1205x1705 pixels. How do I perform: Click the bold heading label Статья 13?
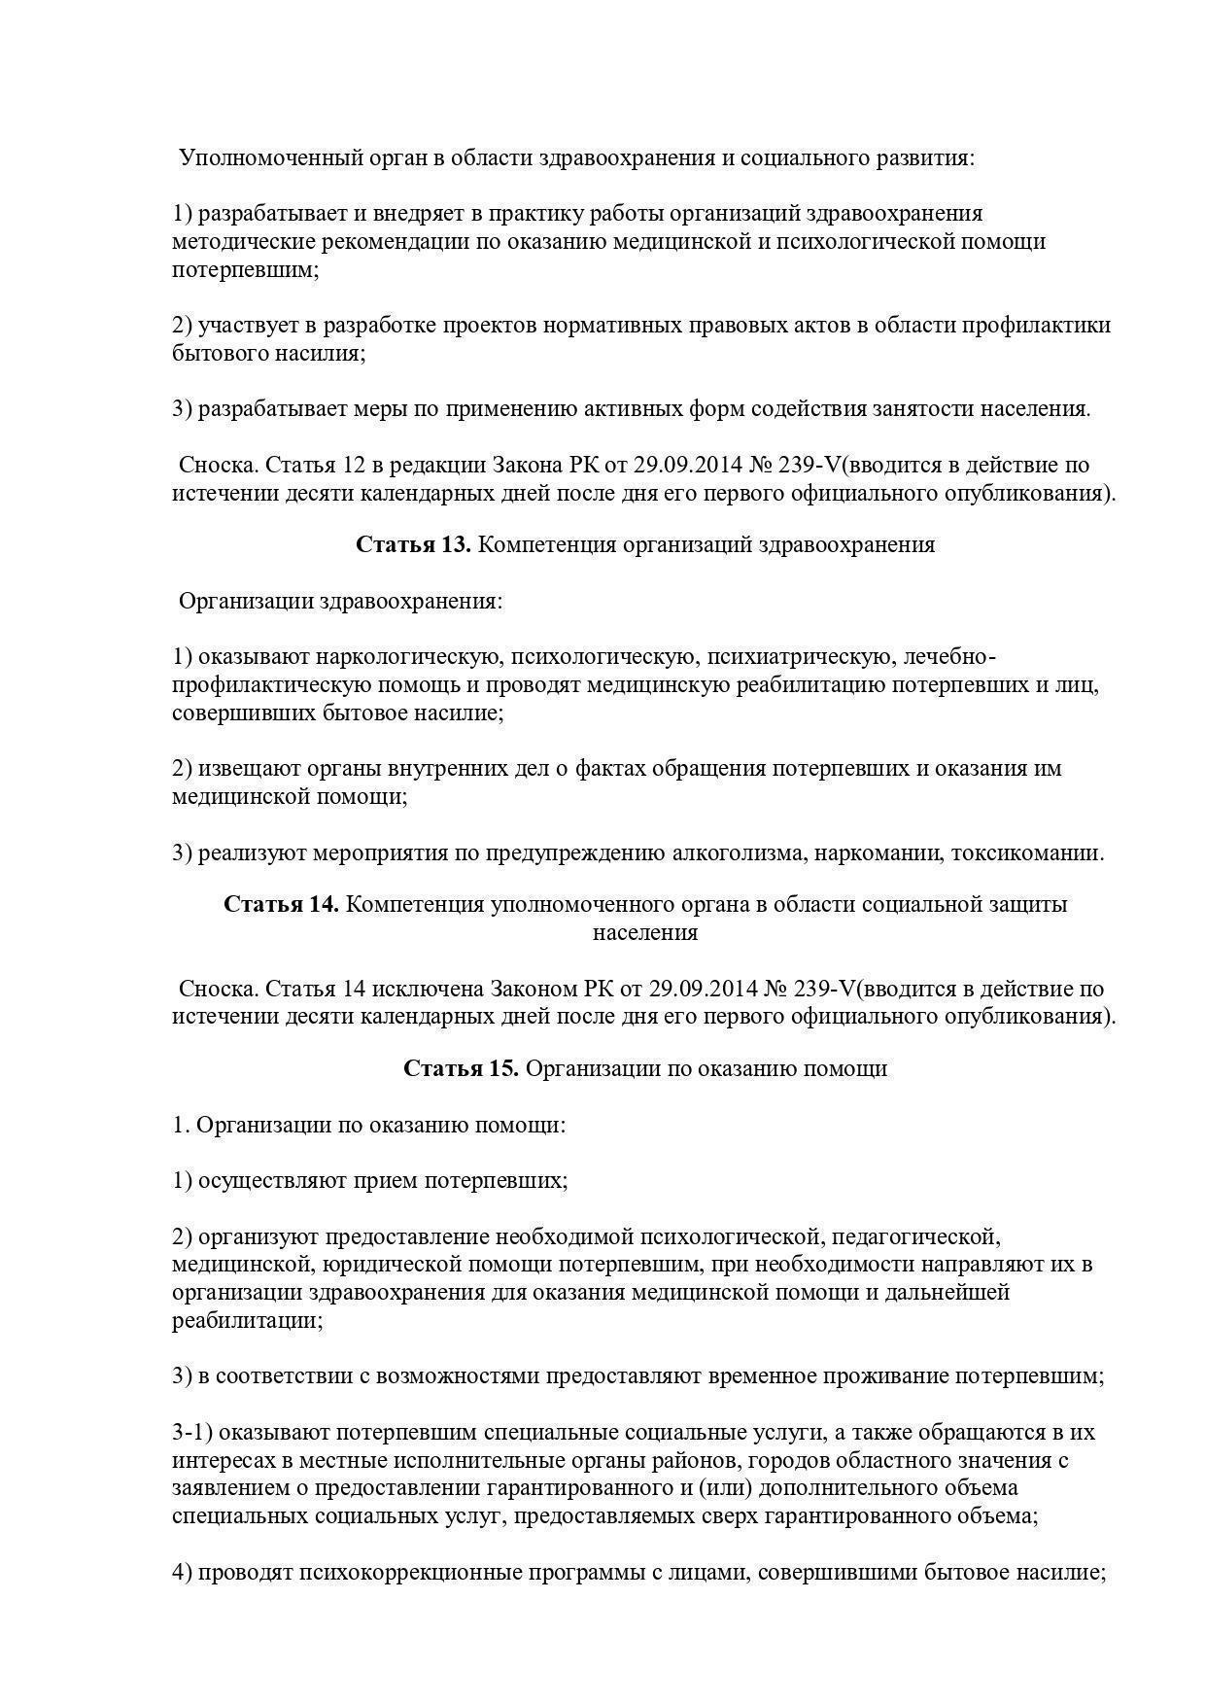pos(413,545)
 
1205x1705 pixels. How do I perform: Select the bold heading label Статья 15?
pos(461,1069)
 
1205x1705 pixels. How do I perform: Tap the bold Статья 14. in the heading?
pos(281,905)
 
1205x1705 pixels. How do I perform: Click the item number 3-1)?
pos(192,1433)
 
